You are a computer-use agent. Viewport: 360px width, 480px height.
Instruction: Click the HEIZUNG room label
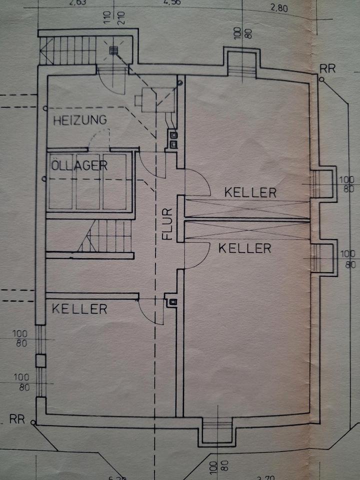(80, 120)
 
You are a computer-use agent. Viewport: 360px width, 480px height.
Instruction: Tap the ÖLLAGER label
(79, 166)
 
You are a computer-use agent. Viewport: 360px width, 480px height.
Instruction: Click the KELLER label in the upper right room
(250, 192)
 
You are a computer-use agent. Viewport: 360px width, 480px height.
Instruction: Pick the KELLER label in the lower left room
(79, 308)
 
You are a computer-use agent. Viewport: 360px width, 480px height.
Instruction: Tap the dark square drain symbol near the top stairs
(113, 49)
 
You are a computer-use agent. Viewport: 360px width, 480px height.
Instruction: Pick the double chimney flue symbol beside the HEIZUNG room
(173, 139)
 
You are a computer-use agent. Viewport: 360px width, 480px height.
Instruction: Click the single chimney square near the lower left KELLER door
(173, 301)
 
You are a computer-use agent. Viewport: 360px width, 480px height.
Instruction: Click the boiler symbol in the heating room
(149, 98)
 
